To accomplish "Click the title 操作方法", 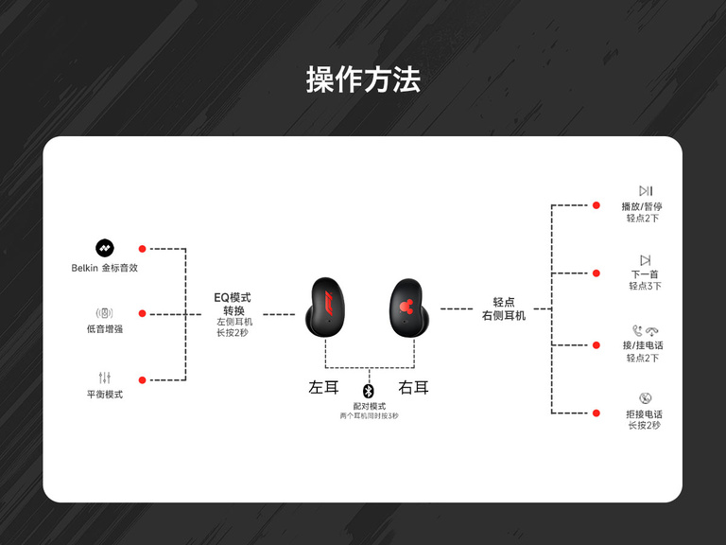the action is tap(363, 79).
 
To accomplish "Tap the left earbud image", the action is tap(325, 308).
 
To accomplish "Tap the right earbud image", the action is tap(409, 308).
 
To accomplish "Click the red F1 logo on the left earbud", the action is tap(327, 303).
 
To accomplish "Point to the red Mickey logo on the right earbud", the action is tap(406, 307).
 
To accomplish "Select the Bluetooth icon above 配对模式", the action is tap(368, 391).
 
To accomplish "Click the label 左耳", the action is tap(323, 387).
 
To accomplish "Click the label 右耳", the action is tap(413, 387).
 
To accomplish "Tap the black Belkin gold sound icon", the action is tap(105, 249).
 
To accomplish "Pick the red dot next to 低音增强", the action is tap(142, 314).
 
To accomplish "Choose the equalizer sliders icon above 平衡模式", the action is tap(105, 378).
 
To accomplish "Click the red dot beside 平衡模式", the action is tap(142, 380).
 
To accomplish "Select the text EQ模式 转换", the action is tap(233, 304).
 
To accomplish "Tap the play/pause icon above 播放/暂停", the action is tap(646, 191).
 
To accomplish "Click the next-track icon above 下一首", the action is tap(646, 260).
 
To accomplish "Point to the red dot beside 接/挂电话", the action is tap(596, 345).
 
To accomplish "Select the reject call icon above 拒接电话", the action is tap(646, 398).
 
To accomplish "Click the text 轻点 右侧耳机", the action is tap(504, 309).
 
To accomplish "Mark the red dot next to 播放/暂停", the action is tap(596, 205).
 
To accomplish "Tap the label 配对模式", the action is tap(369, 406).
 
